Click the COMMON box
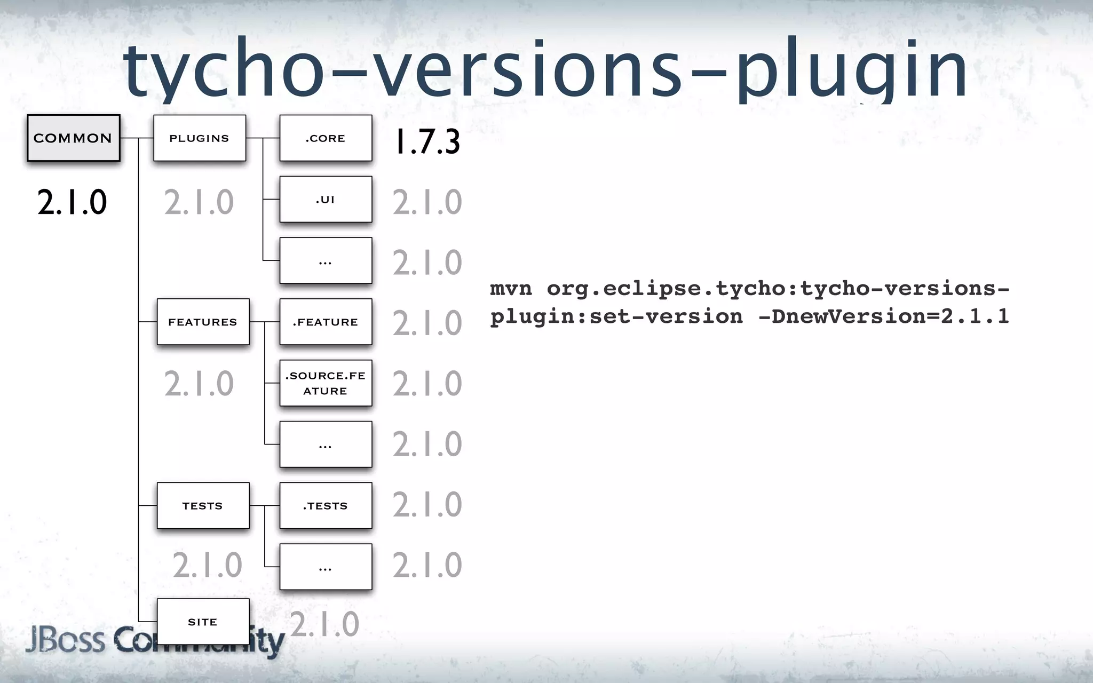(73, 138)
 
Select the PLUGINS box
(199, 138)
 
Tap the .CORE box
(325, 138)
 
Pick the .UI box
(325, 199)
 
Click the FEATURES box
(202, 322)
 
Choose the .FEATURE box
(325, 322)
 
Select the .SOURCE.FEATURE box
(325, 383)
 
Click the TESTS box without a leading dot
(202, 505)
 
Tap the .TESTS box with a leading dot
(325, 505)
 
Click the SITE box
(202, 622)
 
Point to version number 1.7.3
(427, 142)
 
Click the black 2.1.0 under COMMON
(72, 203)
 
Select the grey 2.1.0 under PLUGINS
(199, 203)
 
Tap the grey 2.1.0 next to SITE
(324, 624)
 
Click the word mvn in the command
(511, 289)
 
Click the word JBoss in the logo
(65, 639)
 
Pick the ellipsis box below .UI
(325, 260)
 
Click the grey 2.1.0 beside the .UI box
(427, 203)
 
